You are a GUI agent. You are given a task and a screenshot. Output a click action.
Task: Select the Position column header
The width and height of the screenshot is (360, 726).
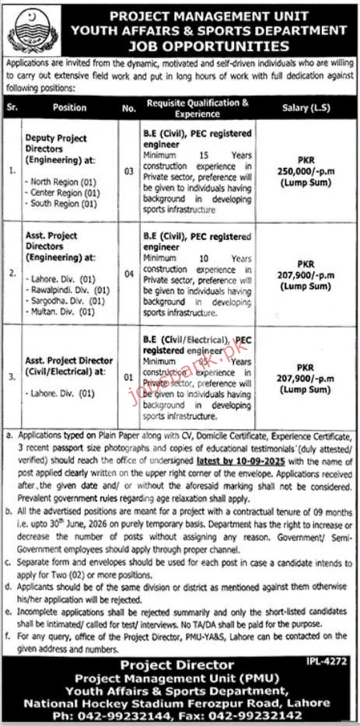coord(72,107)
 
